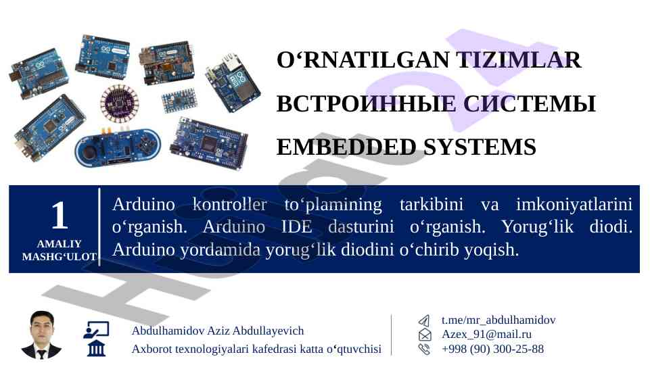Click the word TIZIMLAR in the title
519,60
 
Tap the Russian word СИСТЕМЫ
530,104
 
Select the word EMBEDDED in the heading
346,147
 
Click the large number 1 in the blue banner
60,215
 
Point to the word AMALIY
60,243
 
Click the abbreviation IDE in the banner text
297,226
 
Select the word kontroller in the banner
230,204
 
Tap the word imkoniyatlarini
574,204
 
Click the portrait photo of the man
41,335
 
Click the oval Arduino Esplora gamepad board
118,148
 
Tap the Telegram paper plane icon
424,320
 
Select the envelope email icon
425,335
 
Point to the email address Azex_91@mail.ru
487,335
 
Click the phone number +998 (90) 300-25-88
493,349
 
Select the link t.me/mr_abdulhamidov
498,320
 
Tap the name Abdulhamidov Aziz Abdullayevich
218,331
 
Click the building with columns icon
96,348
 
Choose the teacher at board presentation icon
96,331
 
